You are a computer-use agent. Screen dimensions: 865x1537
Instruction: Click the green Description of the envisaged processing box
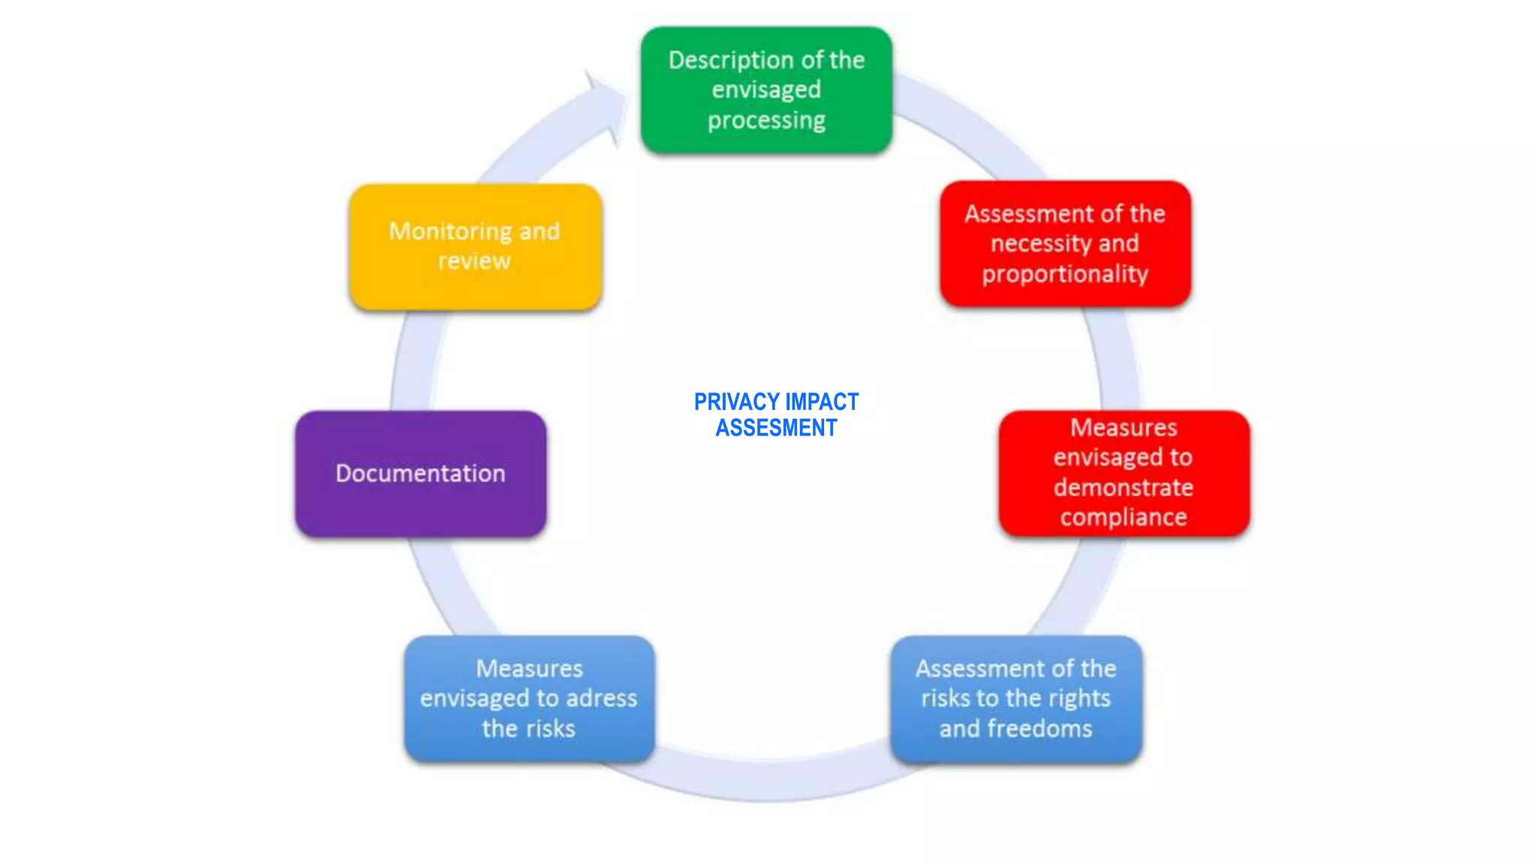click(766, 90)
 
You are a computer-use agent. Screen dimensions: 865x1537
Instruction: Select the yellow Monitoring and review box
click(475, 246)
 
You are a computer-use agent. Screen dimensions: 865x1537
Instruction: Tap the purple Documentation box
click(420, 473)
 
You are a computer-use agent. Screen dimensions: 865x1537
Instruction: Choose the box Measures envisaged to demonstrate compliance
click(1123, 473)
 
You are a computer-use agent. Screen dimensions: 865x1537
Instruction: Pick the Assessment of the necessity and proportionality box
click(1065, 244)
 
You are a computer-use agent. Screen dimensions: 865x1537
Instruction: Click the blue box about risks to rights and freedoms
click(1016, 698)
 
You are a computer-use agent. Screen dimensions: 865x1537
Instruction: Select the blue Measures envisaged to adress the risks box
click(529, 698)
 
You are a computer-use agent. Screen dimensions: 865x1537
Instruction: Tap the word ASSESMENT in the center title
click(776, 428)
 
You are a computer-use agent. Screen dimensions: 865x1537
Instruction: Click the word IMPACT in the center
click(822, 402)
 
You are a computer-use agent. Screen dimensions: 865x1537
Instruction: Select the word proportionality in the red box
click(1065, 274)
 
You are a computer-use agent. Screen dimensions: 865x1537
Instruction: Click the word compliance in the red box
click(1123, 517)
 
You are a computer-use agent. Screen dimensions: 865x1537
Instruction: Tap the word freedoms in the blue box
click(1040, 728)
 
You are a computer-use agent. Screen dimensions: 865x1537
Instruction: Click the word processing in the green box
click(766, 120)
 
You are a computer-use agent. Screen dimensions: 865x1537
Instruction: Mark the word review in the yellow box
click(474, 261)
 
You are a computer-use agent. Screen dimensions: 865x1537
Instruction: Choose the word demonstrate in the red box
click(1123, 487)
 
